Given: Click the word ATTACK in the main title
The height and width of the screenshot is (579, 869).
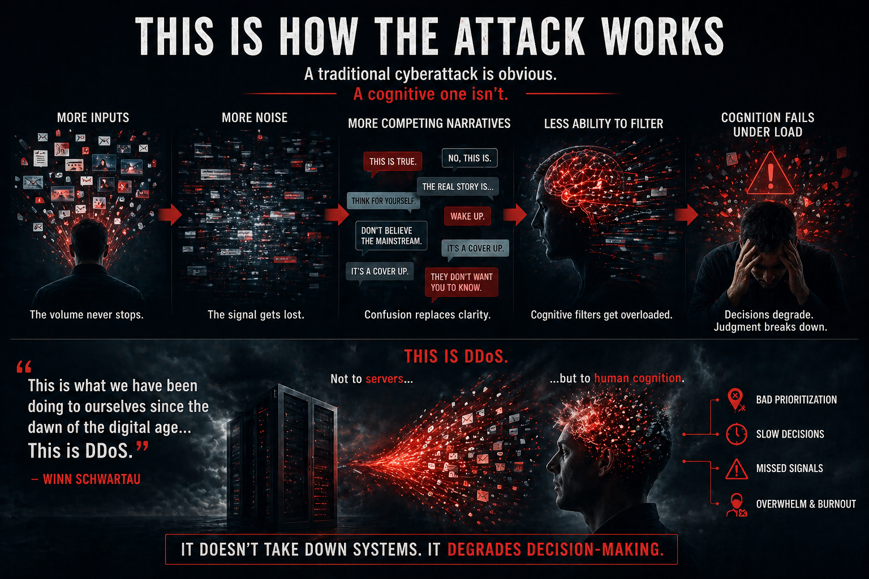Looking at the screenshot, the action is pyautogui.click(x=519, y=37).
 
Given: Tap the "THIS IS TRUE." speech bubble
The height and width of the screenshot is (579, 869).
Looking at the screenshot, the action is pyautogui.click(x=392, y=162).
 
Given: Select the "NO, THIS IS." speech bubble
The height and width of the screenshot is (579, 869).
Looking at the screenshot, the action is pyautogui.click(x=470, y=158).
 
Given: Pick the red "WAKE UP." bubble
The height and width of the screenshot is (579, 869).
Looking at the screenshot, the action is pyautogui.click(x=467, y=216).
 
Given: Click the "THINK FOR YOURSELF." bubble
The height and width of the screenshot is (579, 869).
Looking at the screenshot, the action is pyautogui.click(x=383, y=201).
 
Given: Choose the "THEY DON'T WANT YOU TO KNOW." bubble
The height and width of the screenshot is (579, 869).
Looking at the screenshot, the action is pyautogui.click(x=462, y=282).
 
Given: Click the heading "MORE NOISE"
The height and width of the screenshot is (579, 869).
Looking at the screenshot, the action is pyautogui.click(x=255, y=118).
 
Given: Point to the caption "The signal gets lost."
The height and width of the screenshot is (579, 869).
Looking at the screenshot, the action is pyautogui.click(x=256, y=315).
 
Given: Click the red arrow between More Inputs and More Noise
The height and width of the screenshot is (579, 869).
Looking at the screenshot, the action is pyautogui.click(x=169, y=214).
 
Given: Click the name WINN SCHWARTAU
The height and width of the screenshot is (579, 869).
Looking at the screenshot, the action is pyautogui.click(x=91, y=479).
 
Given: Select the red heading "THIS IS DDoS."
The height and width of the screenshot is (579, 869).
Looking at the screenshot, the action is pyautogui.click(x=456, y=356).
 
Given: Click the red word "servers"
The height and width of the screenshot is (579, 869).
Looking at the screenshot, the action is pyautogui.click(x=384, y=379).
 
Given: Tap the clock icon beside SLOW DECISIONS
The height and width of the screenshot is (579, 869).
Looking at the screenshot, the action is pyautogui.click(x=736, y=434).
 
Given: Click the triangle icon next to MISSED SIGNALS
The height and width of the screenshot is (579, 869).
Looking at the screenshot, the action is pyautogui.click(x=736, y=469).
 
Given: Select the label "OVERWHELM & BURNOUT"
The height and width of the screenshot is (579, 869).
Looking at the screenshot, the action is pyautogui.click(x=806, y=504).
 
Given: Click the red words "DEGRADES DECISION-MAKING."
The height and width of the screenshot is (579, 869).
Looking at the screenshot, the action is pyautogui.click(x=555, y=549).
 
